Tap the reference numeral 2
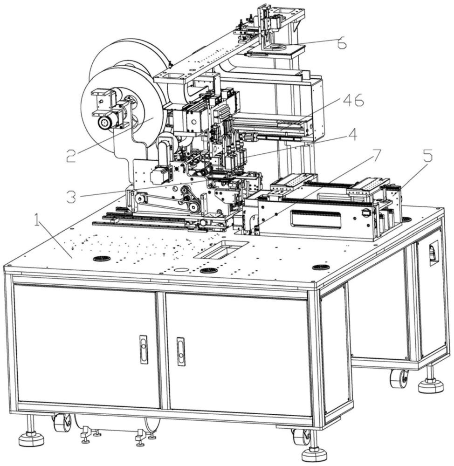click(x=71, y=155)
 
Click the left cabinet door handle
click(x=144, y=349)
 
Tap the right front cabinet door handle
click(x=180, y=351)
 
